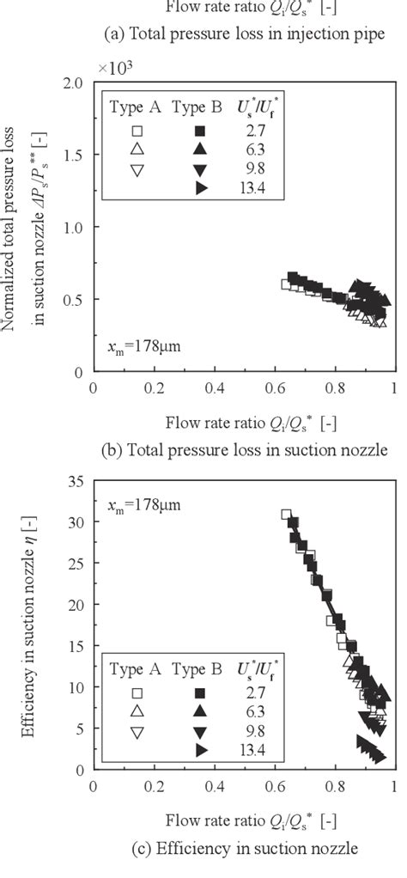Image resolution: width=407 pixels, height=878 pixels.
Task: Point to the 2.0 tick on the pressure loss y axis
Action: (x=77, y=83)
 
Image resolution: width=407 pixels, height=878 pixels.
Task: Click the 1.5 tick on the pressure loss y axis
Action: (x=77, y=155)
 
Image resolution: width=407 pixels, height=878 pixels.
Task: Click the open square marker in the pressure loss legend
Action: (x=136, y=131)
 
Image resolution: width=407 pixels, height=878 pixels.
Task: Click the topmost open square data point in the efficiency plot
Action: (x=287, y=515)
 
